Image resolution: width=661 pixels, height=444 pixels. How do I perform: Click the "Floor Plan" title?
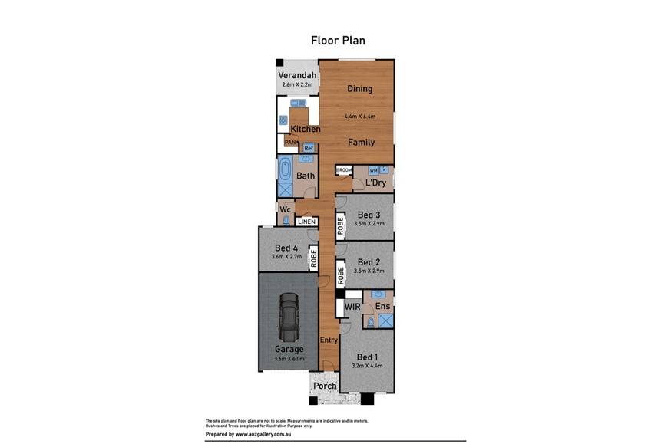(x=338, y=41)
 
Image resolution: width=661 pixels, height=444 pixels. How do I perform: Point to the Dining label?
(x=359, y=89)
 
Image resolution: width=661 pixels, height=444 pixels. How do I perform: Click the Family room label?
(x=361, y=143)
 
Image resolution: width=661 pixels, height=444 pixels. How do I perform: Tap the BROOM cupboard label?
(x=344, y=170)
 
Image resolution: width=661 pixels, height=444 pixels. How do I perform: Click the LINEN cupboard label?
(x=306, y=222)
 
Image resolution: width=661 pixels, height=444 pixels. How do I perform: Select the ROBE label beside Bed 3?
(x=340, y=226)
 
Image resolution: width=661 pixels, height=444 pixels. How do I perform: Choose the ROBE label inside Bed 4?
(x=313, y=258)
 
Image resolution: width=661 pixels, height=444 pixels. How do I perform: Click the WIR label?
(x=352, y=307)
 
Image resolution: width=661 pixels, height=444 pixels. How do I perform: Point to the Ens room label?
(x=382, y=307)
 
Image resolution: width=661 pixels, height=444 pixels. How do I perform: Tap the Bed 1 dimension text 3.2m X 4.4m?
(x=367, y=366)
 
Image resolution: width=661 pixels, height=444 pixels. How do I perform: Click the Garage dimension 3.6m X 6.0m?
(x=289, y=358)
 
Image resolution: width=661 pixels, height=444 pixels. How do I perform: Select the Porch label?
(x=324, y=385)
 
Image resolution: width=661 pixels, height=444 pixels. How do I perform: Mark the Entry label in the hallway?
(x=329, y=340)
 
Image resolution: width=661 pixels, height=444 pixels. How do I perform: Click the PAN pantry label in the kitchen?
(x=290, y=142)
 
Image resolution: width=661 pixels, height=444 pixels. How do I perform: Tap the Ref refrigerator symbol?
(x=309, y=148)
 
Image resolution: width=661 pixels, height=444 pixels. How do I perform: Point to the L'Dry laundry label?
(x=375, y=183)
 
